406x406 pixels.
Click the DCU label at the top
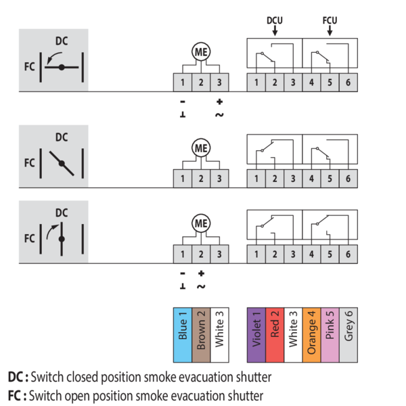click(x=274, y=20)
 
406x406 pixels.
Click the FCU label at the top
click(x=330, y=20)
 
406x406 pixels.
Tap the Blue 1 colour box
click(x=183, y=330)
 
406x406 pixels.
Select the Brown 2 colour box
click(x=201, y=330)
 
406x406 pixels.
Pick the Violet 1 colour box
click(x=256, y=330)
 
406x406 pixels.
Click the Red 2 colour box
click(x=275, y=330)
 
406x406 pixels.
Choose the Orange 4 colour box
click(x=311, y=330)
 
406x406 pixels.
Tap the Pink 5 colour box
click(x=330, y=330)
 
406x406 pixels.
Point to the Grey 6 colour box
click(x=348, y=330)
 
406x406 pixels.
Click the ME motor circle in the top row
click(x=201, y=52)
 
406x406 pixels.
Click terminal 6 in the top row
click(x=348, y=83)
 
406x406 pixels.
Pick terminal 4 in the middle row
click(x=311, y=179)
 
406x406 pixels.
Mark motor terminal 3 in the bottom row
click(x=219, y=254)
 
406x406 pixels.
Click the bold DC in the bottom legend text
click(x=16, y=377)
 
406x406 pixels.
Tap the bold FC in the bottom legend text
click(x=16, y=394)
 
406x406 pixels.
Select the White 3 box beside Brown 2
click(x=219, y=330)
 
